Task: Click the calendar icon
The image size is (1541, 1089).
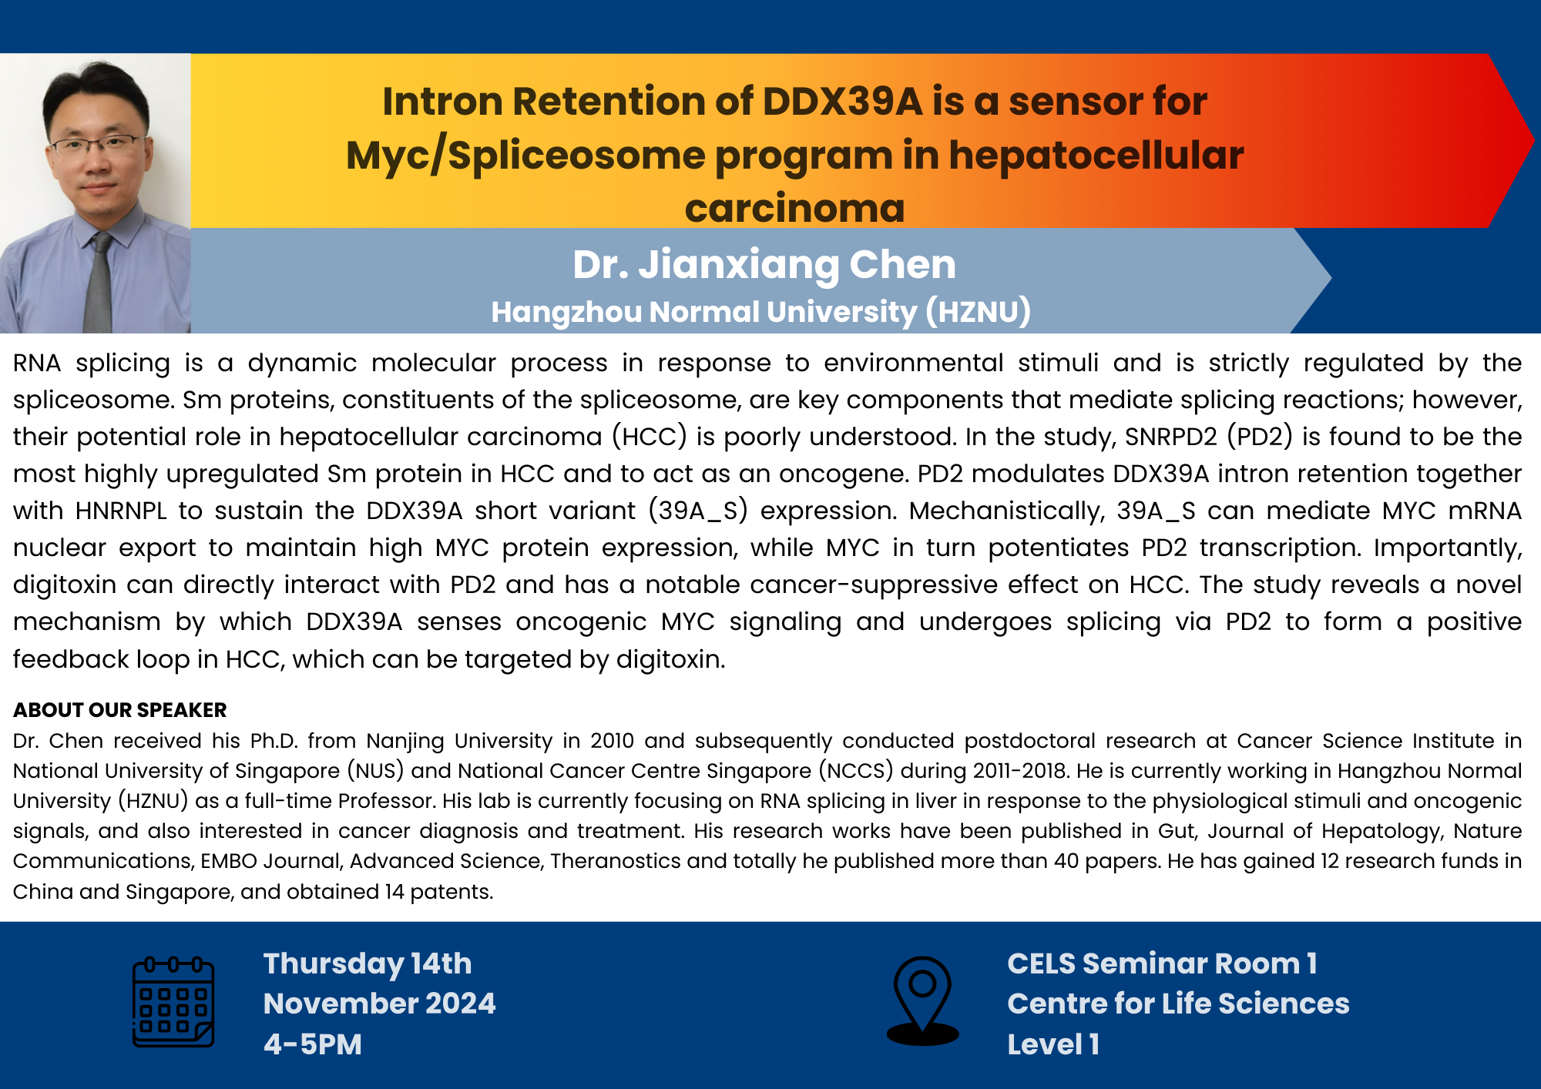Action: click(x=173, y=1001)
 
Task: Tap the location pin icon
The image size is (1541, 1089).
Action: click(x=922, y=1000)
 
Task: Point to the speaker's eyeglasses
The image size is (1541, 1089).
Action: click(x=98, y=144)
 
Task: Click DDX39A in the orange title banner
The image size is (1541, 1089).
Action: click(x=842, y=102)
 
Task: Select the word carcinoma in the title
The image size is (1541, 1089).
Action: click(x=794, y=208)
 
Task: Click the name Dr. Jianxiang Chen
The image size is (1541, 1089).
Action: click(x=764, y=265)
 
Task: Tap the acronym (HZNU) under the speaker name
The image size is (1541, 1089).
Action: click(x=978, y=312)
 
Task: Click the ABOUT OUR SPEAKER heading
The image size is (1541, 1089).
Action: click(x=119, y=709)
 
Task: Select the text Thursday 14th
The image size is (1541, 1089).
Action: click(x=368, y=963)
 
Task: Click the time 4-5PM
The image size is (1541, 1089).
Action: click(x=312, y=1044)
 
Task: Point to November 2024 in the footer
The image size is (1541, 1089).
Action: click(x=379, y=1004)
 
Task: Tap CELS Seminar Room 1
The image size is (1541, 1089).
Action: click(x=1162, y=963)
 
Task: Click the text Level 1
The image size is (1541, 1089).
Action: click(x=1053, y=1044)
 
